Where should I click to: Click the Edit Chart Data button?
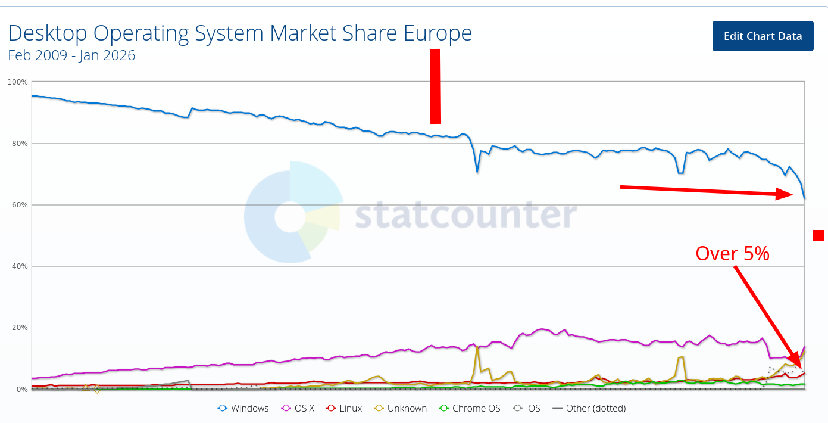(763, 36)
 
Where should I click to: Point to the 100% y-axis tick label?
(17, 82)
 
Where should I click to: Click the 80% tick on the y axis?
(19, 143)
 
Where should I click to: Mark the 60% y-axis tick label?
(19, 205)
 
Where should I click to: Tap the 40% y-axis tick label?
(19, 266)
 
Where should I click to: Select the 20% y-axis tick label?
(19, 328)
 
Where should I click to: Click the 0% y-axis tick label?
(21, 390)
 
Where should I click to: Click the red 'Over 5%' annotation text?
(732, 254)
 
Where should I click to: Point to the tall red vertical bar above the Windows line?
(435, 86)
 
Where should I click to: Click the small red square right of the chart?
(818, 235)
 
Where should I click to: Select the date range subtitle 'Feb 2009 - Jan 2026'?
(71, 55)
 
